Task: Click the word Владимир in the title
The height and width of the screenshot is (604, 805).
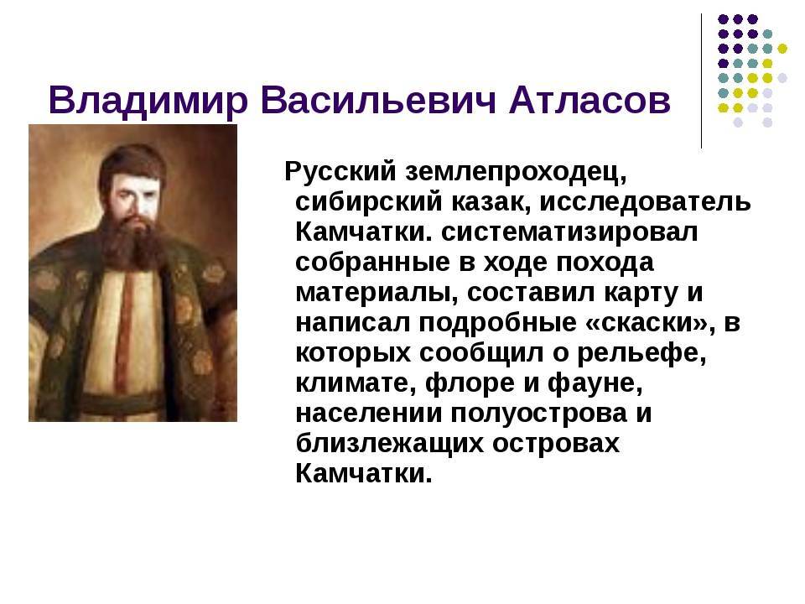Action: (x=148, y=101)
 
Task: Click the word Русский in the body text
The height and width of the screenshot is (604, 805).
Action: (x=340, y=171)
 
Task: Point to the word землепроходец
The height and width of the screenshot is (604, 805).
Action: (x=516, y=173)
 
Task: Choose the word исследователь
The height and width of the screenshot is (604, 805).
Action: (x=645, y=201)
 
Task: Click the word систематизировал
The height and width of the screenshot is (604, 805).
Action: (x=569, y=232)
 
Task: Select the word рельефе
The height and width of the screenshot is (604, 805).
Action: (x=641, y=353)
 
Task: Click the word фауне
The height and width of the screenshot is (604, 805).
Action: (x=595, y=383)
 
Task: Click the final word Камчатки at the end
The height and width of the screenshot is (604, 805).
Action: (x=364, y=473)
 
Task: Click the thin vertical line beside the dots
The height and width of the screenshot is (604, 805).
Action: (x=701, y=81)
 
